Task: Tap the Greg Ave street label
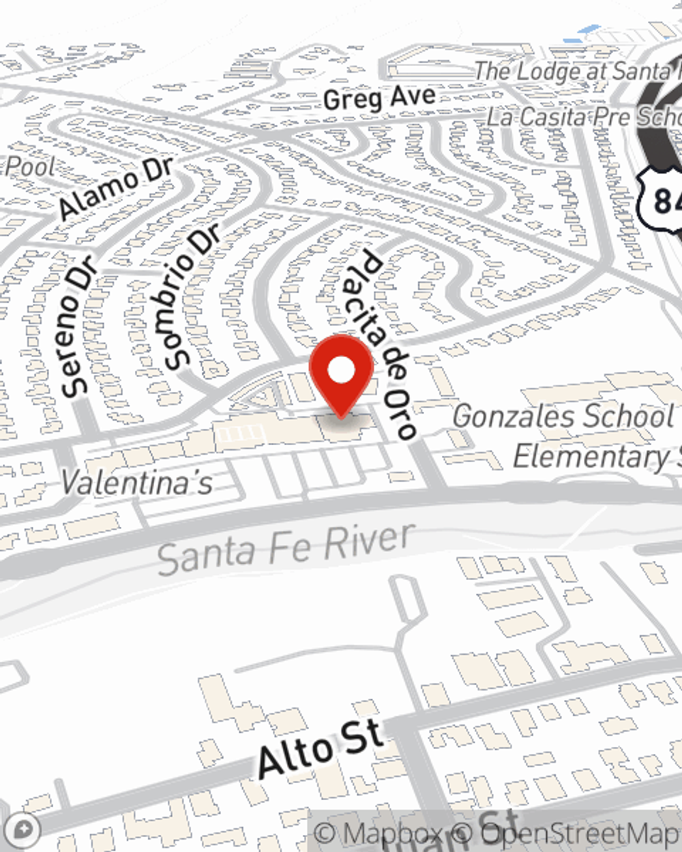pyautogui.click(x=379, y=97)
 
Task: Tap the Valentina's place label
pyautogui.click(x=136, y=483)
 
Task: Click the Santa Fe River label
pyautogui.click(x=286, y=549)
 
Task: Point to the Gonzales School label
pyautogui.click(x=563, y=416)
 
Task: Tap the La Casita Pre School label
pyautogui.click(x=583, y=117)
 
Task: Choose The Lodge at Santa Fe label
pyautogui.click(x=577, y=70)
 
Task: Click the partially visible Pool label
pyautogui.click(x=29, y=166)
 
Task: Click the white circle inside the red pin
pyautogui.click(x=341, y=371)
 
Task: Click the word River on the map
pyautogui.click(x=368, y=541)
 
